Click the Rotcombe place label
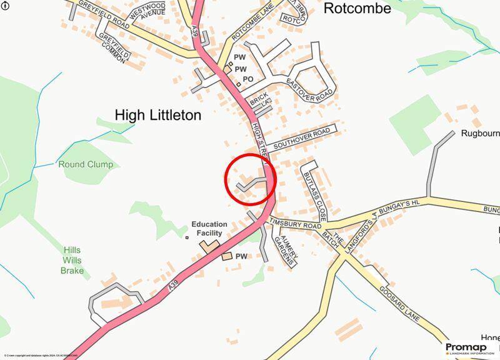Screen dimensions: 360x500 tap(357, 8)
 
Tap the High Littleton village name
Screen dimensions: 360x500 tap(158, 115)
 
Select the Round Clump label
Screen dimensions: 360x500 tap(86, 164)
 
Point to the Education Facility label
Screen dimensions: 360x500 tap(209, 228)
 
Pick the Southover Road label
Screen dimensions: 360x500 tap(302, 137)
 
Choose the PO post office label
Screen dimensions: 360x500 tap(247, 79)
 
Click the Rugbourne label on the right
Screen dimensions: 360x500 tap(480, 133)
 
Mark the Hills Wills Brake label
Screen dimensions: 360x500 tap(72, 260)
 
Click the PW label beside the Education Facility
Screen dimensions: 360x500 tap(241, 256)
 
